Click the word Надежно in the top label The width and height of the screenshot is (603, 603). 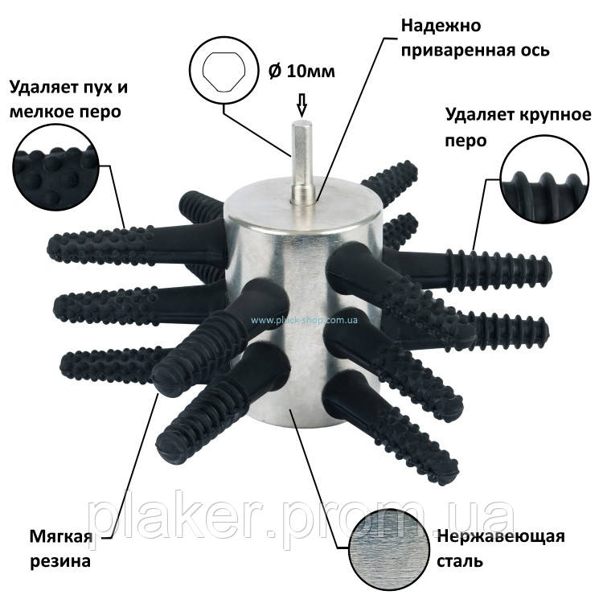441,27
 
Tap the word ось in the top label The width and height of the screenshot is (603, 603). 531,51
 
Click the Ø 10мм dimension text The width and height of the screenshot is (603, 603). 301,71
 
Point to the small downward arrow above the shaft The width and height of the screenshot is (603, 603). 301,105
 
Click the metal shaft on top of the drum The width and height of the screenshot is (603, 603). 302,162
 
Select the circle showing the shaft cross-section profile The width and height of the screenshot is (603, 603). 224,71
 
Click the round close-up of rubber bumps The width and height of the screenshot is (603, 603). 56,167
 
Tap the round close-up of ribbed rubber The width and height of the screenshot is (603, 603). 544,178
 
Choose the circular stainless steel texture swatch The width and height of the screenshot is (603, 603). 389,549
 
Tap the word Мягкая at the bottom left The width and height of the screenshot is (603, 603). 61,536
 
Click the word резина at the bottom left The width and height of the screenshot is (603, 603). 60,562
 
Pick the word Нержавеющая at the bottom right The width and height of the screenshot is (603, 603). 501,536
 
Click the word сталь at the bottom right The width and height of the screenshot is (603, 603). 460,562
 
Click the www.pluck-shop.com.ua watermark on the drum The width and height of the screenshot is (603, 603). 304,320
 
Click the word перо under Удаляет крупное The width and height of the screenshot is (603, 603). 466,141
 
